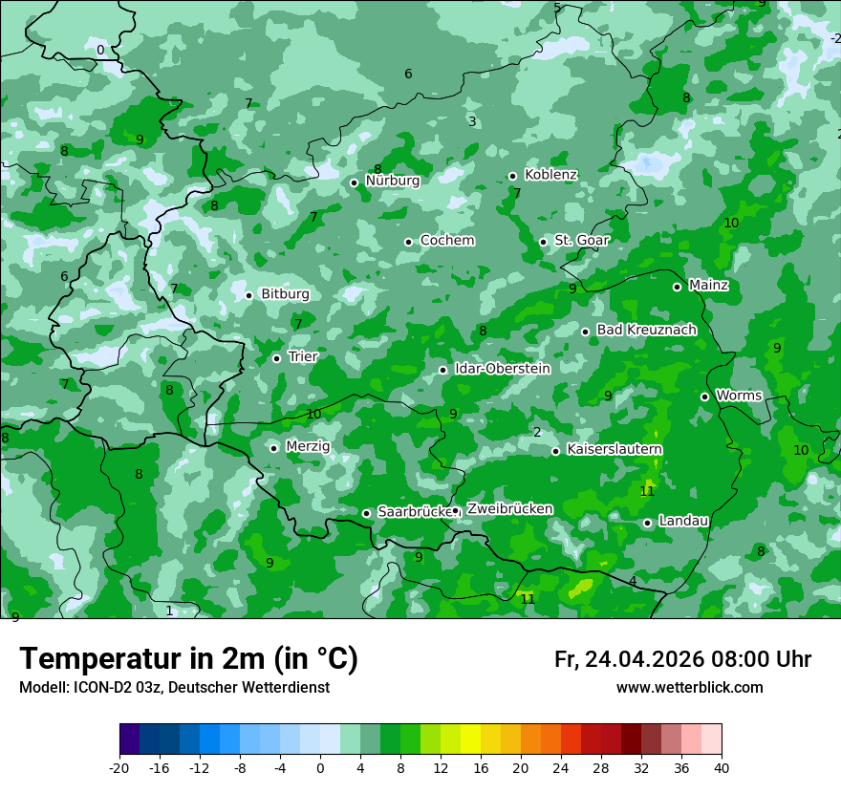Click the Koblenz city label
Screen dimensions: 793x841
pos(550,175)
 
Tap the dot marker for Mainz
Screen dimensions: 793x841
pos(677,287)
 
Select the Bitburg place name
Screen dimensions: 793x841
pos(285,294)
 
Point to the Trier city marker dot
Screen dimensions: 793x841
pos(276,358)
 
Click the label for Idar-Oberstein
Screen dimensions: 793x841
pos(502,369)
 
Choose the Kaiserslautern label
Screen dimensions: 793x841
pos(615,449)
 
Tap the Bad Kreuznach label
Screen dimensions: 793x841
pos(646,330)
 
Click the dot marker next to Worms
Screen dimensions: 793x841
pos(704,396)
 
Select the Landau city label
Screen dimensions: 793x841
pos(683,521)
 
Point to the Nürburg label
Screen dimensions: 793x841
pos(392,180)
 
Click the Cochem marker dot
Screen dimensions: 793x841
pos(408,242)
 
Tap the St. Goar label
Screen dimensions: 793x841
pos(581,240)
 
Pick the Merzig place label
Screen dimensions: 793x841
pos(308,446)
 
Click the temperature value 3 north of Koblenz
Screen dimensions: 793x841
pos(472,121)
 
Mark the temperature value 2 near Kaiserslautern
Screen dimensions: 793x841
pos(537,432)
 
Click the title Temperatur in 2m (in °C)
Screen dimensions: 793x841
pos(188,658)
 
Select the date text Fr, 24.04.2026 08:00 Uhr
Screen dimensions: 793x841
pos(682,659)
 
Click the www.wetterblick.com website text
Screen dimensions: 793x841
pos(689,688)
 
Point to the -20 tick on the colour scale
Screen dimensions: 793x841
pos(119,767)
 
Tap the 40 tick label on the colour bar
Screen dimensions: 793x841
pos(721,767)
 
